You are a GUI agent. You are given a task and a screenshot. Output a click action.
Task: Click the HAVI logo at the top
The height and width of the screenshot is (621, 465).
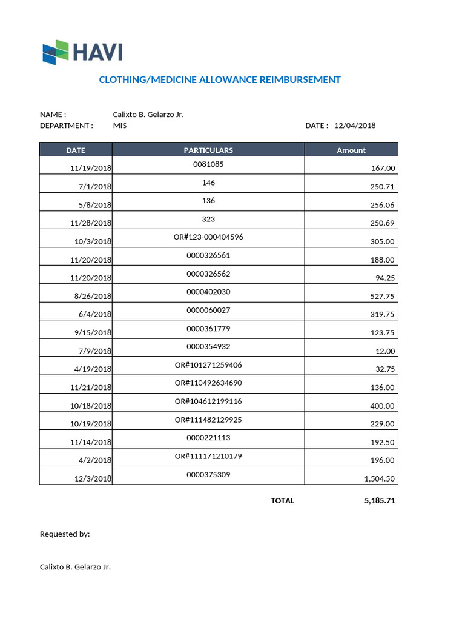(82, 52)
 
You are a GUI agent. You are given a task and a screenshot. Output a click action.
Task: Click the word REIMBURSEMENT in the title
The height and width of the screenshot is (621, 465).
(300, 79)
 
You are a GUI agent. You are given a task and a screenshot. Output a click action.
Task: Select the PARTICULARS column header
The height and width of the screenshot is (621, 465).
(208, 150)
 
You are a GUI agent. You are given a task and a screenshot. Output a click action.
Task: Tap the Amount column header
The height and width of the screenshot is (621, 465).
(351, 150)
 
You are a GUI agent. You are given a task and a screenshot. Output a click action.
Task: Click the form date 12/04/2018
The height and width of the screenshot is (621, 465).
(355, 126)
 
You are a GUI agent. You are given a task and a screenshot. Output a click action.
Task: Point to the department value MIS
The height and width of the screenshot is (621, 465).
(120, 126)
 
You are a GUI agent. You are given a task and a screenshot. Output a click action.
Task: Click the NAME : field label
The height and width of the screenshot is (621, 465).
(53, 115)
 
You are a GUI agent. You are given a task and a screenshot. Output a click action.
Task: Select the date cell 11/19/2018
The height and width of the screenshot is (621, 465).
(91, 168)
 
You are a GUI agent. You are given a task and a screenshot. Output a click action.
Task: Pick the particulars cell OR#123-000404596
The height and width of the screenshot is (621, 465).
(208, 237)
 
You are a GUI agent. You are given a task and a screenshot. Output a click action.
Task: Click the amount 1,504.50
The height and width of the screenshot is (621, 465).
(379, 478)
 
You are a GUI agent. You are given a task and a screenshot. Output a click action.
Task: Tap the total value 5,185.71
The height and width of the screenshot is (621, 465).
(379, 501)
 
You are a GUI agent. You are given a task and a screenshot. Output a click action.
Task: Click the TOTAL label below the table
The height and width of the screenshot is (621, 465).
(283, 501)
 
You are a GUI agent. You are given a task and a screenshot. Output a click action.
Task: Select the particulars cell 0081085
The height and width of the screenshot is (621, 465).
(208, 164)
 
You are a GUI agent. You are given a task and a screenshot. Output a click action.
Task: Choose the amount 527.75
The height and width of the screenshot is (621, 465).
(382, 296)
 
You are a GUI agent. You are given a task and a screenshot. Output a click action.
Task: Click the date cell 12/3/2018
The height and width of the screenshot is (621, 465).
(93, 478)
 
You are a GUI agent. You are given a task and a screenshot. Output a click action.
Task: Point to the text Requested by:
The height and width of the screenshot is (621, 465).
(65, 534)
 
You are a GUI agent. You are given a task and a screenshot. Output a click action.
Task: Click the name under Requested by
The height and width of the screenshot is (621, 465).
(75, 567)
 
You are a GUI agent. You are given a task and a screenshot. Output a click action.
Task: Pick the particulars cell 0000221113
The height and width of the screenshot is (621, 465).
(208, 437)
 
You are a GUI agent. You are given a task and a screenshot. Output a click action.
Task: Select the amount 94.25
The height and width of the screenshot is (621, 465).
(384, 278)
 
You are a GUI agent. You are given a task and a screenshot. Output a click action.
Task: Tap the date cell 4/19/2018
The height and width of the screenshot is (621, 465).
(93, 369)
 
